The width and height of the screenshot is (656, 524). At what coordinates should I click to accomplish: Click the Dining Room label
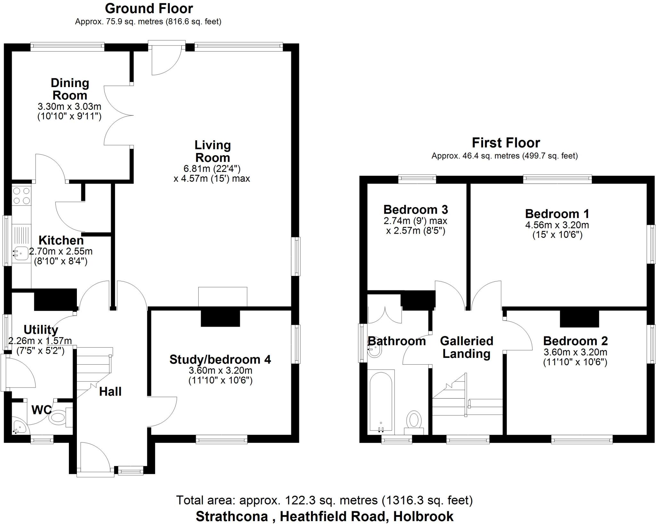[x=70, y=89]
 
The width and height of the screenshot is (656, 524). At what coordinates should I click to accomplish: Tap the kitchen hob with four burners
[x=21, y=196]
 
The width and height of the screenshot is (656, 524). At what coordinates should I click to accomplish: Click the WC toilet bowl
[x=58, y=418]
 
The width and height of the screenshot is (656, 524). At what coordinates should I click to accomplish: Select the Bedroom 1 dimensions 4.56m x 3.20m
[x=557, y=225]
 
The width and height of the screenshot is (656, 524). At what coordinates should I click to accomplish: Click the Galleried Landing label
[x=466, y=347]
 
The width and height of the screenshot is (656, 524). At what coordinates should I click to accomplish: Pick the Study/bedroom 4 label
[x=220, y=359]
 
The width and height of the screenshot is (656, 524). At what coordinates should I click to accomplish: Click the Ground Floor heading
[x=149, y=9]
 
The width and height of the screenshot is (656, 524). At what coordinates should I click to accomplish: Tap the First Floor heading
[x=506, y=143]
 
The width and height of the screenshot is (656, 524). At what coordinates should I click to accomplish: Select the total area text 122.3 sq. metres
[x=324, y=500]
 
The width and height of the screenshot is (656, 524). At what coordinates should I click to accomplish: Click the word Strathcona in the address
[x=232, y=516]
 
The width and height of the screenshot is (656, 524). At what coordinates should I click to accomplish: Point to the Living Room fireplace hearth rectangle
[x=223, y=297]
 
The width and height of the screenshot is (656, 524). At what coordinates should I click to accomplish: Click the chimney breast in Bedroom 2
[x=579, y=319]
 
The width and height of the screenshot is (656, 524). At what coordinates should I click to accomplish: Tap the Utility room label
[x=41, y=329]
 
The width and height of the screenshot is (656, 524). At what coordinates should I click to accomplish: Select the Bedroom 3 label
[x=415, y=210]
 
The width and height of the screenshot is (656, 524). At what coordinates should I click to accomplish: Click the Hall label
[x=110, y=391]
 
